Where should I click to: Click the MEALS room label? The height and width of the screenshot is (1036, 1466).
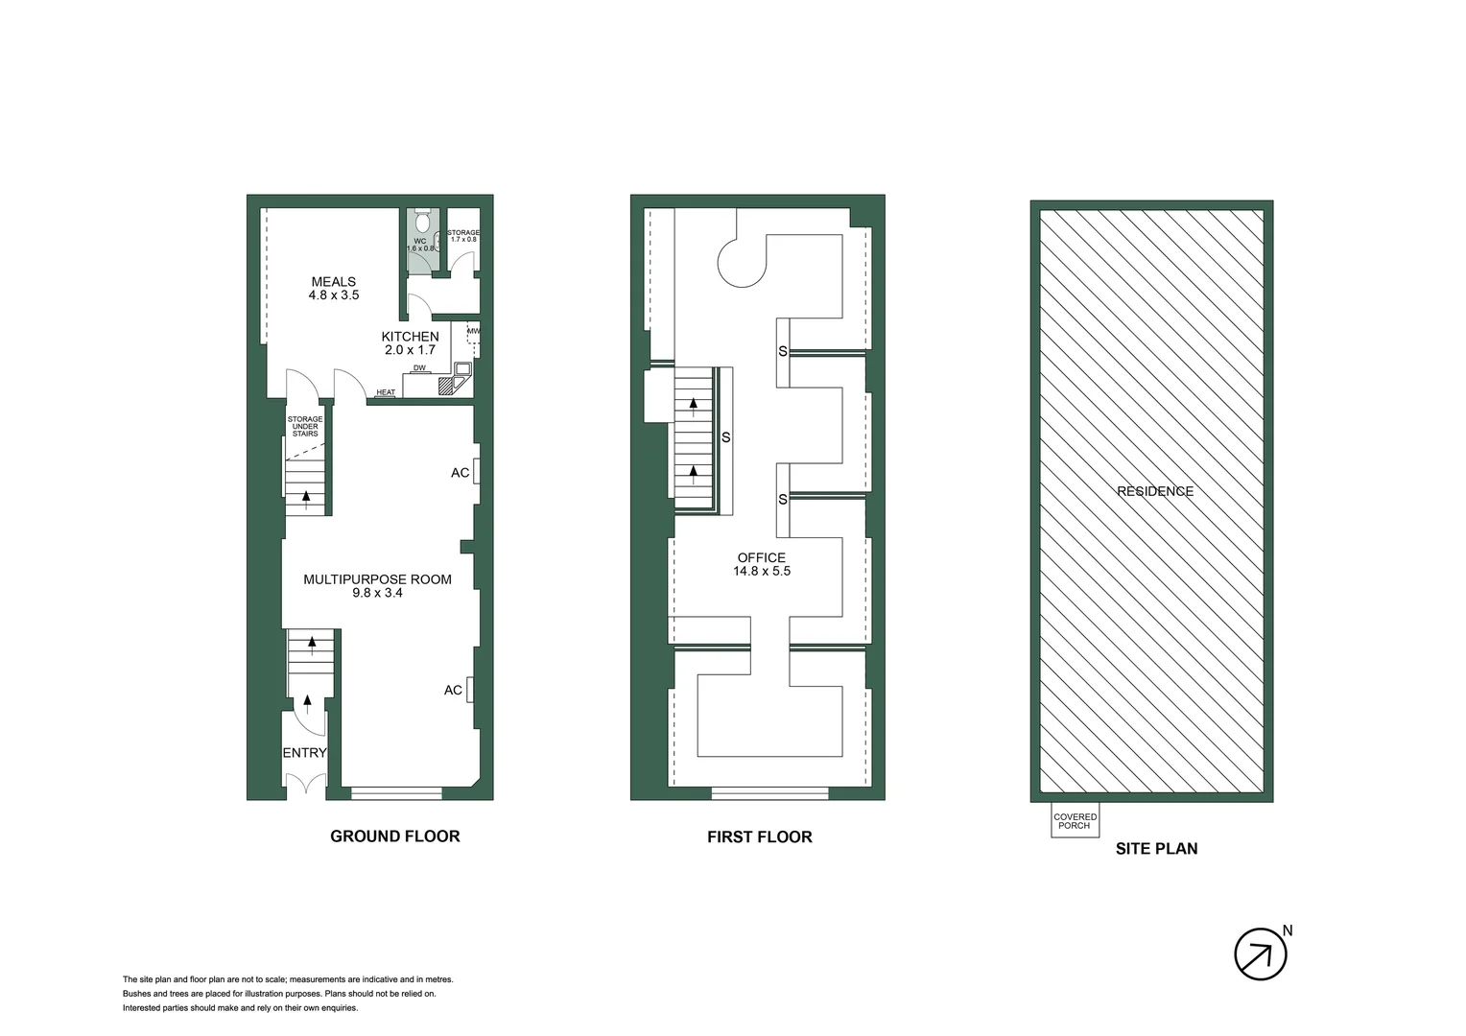click(333, 282)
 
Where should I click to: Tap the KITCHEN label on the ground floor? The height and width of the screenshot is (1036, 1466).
click(410, 337)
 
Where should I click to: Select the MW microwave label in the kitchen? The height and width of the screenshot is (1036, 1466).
click(472, 332)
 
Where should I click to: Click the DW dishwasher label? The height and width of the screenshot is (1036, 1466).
click(419, 368)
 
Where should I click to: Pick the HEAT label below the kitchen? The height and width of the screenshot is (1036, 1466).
click(386, 392)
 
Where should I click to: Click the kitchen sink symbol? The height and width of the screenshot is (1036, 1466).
click(463, 368)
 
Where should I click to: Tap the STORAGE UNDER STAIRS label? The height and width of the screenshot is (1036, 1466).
click(305, 427)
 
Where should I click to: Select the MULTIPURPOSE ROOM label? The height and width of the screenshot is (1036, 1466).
click(377, 579)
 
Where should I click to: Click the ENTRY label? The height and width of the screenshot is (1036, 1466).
click(304, 753)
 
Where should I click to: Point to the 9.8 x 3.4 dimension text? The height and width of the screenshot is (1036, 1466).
click(377, 593)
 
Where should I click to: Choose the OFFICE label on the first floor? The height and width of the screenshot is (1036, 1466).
click(762, 557)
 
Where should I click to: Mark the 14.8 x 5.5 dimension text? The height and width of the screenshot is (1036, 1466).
click(762, 571)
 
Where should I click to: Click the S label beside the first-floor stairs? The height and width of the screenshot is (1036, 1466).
click(726, 437)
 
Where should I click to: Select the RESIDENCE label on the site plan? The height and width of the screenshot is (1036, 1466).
click(1155, 491)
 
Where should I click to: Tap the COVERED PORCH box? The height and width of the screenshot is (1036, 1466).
click(1075, 821)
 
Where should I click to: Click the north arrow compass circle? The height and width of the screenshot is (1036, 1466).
click(1260, 954)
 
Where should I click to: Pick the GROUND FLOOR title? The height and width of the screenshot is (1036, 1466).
click(394, 836)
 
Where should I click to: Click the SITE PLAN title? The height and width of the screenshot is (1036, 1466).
click(1156, 848)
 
